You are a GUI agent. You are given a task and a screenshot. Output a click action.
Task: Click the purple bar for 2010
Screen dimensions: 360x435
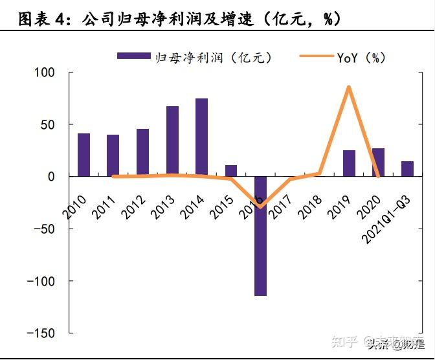coord(84,155)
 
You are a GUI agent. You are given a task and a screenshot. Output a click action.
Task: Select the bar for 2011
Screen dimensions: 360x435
coord(113,155)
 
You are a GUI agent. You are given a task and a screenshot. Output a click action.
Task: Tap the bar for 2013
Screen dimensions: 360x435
coord(172,141)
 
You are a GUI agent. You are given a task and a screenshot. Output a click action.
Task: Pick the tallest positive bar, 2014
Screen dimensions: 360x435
coord(201,137)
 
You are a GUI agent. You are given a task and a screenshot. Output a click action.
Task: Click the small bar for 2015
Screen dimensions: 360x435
coord(231,170)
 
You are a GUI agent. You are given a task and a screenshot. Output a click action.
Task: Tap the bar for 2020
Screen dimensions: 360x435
coord(378,163)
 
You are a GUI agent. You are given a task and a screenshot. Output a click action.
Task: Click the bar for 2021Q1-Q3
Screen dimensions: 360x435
coord(408,168)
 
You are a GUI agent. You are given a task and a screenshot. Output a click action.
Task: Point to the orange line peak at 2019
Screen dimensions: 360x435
coord(349,87)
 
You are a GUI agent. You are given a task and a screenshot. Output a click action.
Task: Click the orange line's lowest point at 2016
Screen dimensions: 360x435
coord(261,207)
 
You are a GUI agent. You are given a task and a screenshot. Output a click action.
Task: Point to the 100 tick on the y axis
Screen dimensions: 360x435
coord(45,72)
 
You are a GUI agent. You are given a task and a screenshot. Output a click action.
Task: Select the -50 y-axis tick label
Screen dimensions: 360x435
coord(43,229)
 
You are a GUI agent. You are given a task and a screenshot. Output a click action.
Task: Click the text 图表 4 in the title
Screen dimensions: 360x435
coord(43,19)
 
